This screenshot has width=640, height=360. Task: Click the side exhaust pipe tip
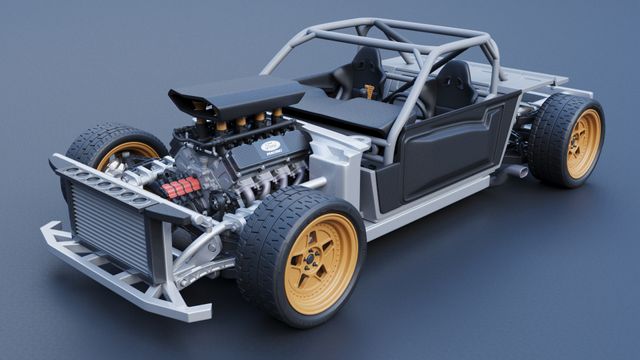click(x=517, y=172)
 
